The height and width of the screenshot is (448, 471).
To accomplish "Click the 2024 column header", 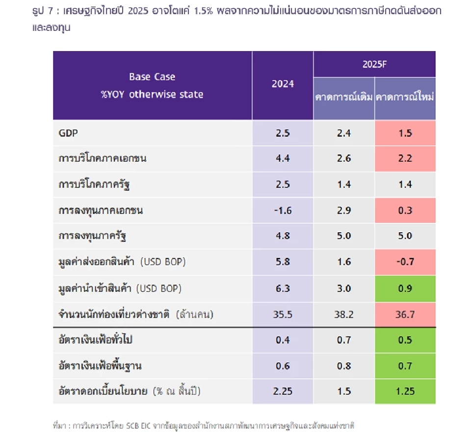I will click(x=283, y=84).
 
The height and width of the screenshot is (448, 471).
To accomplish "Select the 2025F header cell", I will click(x=375, y=64).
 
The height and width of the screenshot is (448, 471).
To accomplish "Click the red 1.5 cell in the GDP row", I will click(x=405, y=133).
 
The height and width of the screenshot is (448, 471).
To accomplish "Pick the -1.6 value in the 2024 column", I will click(x=283, y=211).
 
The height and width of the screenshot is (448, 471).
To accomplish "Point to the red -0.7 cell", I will click(x=405, y=262).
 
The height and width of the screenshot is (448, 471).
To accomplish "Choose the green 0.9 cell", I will click(x=405, y=288).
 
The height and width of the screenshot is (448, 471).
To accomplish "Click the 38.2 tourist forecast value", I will click(x=344, y=314).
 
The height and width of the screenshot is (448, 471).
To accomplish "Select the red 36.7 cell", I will click(x=405, y=314).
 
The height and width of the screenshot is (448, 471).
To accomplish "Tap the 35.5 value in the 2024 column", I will click(x=283, y=314).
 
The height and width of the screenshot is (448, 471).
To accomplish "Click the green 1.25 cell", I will click(x=405, y=391).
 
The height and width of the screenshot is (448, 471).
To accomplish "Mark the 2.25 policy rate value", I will click(x=283, y=391).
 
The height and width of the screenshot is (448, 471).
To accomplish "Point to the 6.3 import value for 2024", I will click(x=283, y=288).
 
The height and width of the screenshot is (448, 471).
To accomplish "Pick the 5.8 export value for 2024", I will click(x=283, y=262).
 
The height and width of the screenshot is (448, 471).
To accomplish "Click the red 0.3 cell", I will click(x=405, y=211).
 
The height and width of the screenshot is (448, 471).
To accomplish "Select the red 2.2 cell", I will click(x=405, y=158).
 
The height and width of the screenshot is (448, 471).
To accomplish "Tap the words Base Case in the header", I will click(x=152, y=77).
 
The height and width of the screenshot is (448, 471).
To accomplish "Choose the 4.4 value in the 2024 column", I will click(x=283, y=158).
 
